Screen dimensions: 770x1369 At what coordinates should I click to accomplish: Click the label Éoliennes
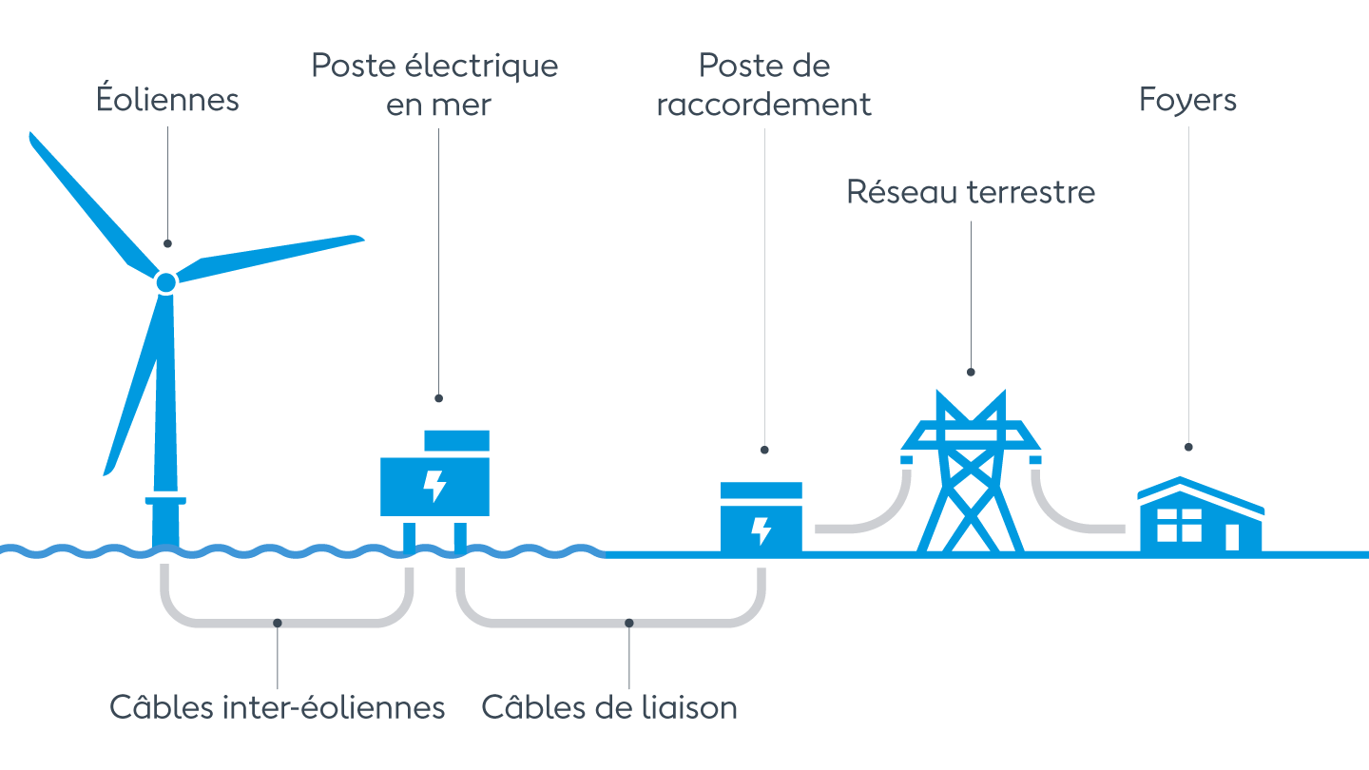tap(167, 100)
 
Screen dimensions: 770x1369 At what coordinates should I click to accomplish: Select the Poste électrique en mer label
tap(435, 85)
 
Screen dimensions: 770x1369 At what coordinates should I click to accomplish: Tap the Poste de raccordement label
tap(763, 85)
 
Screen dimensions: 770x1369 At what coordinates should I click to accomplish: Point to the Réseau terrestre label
tap(971, 192)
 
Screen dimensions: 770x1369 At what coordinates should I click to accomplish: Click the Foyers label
tap(1187, 100)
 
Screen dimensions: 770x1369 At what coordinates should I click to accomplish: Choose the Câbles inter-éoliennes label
tap(277, 707)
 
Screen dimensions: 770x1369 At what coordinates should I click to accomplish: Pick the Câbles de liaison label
tap(609, 707)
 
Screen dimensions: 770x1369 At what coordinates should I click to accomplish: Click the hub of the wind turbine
tap(165, 282)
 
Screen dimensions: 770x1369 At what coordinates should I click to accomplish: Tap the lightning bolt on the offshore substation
tap(434, 485)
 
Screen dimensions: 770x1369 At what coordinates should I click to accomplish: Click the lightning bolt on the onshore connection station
tap(761, 530)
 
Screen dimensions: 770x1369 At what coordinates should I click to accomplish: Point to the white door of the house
tap(1232, 536)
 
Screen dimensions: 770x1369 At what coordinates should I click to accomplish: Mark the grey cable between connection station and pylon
tap(875, 518)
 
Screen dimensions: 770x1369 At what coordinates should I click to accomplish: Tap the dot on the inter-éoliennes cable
tap(277, 624)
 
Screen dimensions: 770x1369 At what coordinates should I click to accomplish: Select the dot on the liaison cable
tap(628, 624)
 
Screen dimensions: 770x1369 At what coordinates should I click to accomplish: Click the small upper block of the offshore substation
tap(456, 440)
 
